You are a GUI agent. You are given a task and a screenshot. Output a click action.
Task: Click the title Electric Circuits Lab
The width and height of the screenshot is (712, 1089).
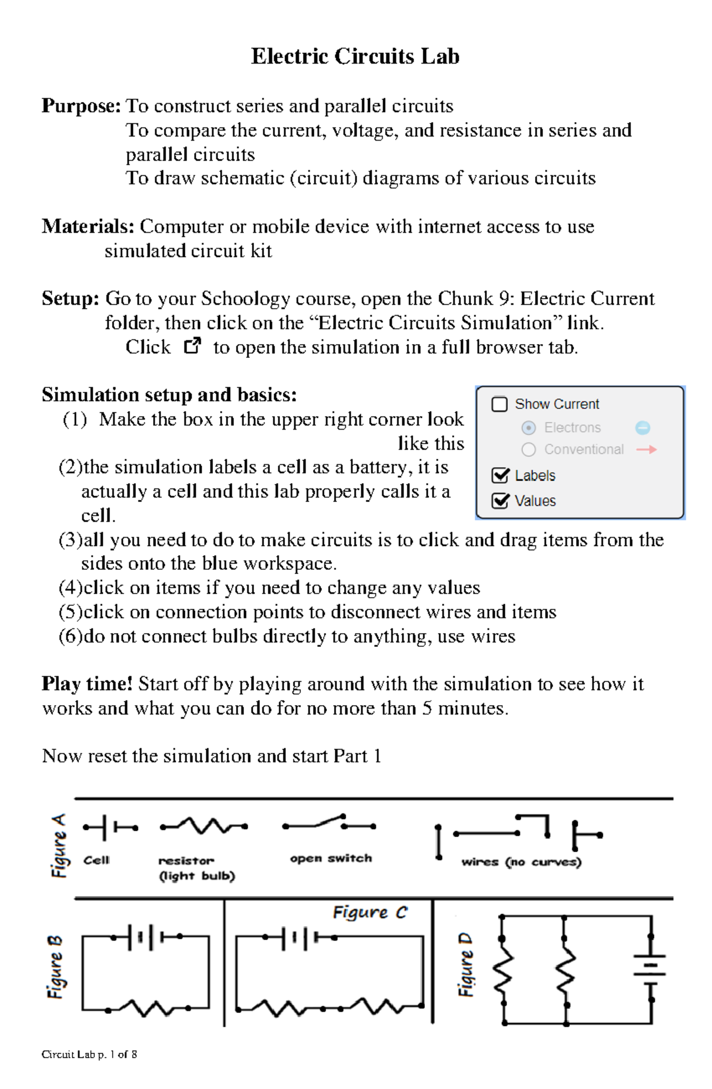pyautogui.click(x=355, y=56)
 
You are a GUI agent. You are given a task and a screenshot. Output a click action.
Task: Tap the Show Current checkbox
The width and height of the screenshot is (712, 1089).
pyautogui.click(x=500, y=404)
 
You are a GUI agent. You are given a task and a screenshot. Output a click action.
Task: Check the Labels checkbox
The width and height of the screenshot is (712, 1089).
pyautogui.click(x=500, y=475)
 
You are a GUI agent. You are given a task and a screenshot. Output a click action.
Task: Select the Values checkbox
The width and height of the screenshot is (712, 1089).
pyautogui.click(x=500, y=501)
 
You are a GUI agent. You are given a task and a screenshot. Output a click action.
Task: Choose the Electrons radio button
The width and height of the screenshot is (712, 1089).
pyautogui.click(x=529, y=428)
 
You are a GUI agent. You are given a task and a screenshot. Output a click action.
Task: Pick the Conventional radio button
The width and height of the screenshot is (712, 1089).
pyautogui.click(x=529, y=450)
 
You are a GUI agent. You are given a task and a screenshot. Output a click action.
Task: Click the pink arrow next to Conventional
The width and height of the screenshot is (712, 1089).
pyautogui.click(x=646, y=450)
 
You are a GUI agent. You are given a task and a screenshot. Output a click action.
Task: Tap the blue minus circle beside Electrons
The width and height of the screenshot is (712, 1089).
pyautogui.click(x=643, y=428)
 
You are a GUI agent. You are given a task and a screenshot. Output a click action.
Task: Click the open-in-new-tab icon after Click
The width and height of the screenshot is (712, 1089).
pyautogui.click(x=192, y=346)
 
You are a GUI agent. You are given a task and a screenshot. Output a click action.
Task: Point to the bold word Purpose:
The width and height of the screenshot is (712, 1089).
pyautogui.click(x=81, y=106)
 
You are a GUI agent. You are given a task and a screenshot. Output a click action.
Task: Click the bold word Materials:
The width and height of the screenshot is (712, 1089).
pyautogui.click(x=88, y=226)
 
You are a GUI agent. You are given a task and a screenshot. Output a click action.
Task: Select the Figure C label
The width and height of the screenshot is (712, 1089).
pyautogui.click(x=370, y=912)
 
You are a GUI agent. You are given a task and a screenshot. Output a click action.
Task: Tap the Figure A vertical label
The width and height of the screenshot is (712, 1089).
pyautogui.click(x=59, y=846)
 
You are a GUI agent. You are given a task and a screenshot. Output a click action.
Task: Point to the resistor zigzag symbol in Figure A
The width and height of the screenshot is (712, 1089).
pyautogui.click(x=204, y=826)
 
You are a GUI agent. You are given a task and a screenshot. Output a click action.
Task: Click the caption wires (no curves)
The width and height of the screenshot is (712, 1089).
pyautogui.click(x=521, y=862)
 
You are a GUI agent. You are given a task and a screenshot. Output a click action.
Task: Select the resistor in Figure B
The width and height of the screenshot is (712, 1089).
pyautogui.click(x=148, y=1008)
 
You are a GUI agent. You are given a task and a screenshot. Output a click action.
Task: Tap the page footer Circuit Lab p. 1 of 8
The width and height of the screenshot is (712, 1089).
pyautogui.click(x=89, y=1054)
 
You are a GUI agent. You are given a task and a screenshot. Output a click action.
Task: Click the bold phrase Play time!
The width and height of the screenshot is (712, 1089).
pyautogui.click(x=87, y=684)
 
